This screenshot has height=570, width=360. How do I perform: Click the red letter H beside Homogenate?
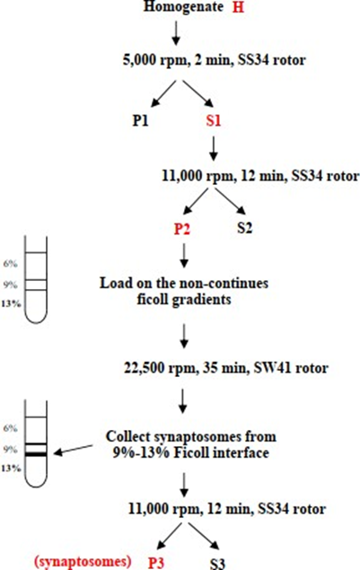[x=238, y=7]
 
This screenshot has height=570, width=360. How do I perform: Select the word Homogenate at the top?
[x=183, y=7]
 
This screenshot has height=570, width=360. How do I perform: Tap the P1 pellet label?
[x=140, y=120]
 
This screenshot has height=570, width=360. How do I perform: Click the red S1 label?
[x=214, y=120]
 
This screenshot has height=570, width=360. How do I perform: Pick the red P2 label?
[x=182, y=229]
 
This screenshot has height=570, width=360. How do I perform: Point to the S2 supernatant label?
[x=244, y=228]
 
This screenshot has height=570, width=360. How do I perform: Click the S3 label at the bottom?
[x=217, y=564]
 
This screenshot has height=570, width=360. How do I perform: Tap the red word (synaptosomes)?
[x=83, y=562]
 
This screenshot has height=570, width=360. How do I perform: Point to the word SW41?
[x=268, y=368]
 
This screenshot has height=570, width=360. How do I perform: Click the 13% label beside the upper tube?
[x=11, y=303]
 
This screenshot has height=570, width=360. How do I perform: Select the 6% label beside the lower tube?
[x=10, y=428]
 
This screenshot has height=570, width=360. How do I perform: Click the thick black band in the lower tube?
[x=36, y=454]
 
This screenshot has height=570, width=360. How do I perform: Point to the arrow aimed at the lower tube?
[x=73, y=450]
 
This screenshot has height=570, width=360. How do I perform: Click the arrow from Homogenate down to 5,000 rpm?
[x=176, y=33]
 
